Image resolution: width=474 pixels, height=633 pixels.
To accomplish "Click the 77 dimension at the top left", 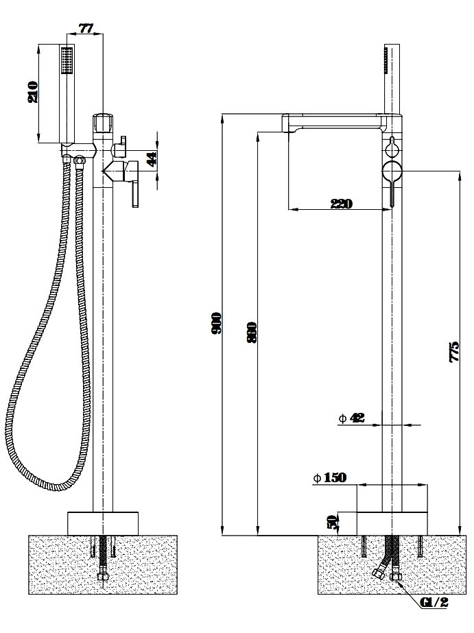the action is pos(86,28).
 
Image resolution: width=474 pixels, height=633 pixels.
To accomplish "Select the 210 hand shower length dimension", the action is pos(33,92).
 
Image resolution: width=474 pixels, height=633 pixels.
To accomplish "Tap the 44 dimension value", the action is pos(152,158).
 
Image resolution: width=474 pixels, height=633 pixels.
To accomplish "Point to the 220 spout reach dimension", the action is pos(341,204).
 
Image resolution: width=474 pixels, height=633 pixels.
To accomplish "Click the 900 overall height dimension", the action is pos(216,323).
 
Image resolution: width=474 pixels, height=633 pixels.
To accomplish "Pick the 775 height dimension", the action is pos(454,352).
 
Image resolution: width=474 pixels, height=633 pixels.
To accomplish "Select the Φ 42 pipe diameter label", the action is pos(351,418).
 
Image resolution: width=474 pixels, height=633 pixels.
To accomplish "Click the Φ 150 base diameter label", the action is pos(330,478).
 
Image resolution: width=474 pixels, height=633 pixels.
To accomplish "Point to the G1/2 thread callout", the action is pos(434,603).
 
